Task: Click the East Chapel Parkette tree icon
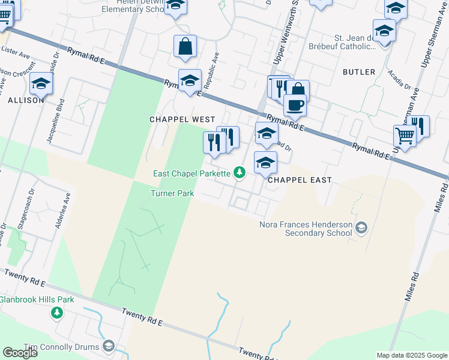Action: click(240, 173)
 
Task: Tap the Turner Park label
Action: click(172, 193)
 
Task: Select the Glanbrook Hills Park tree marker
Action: click(57, 313)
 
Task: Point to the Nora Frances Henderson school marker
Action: click(361, 227)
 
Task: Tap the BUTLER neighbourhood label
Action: click(359, 72)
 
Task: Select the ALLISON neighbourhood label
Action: click(26, 100)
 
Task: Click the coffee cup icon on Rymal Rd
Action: click(295, 106)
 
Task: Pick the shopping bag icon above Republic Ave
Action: click(185, 46)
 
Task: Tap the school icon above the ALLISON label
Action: click(41, 83)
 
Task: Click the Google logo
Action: click(20, 353)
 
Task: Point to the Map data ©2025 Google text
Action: click(411, 355)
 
